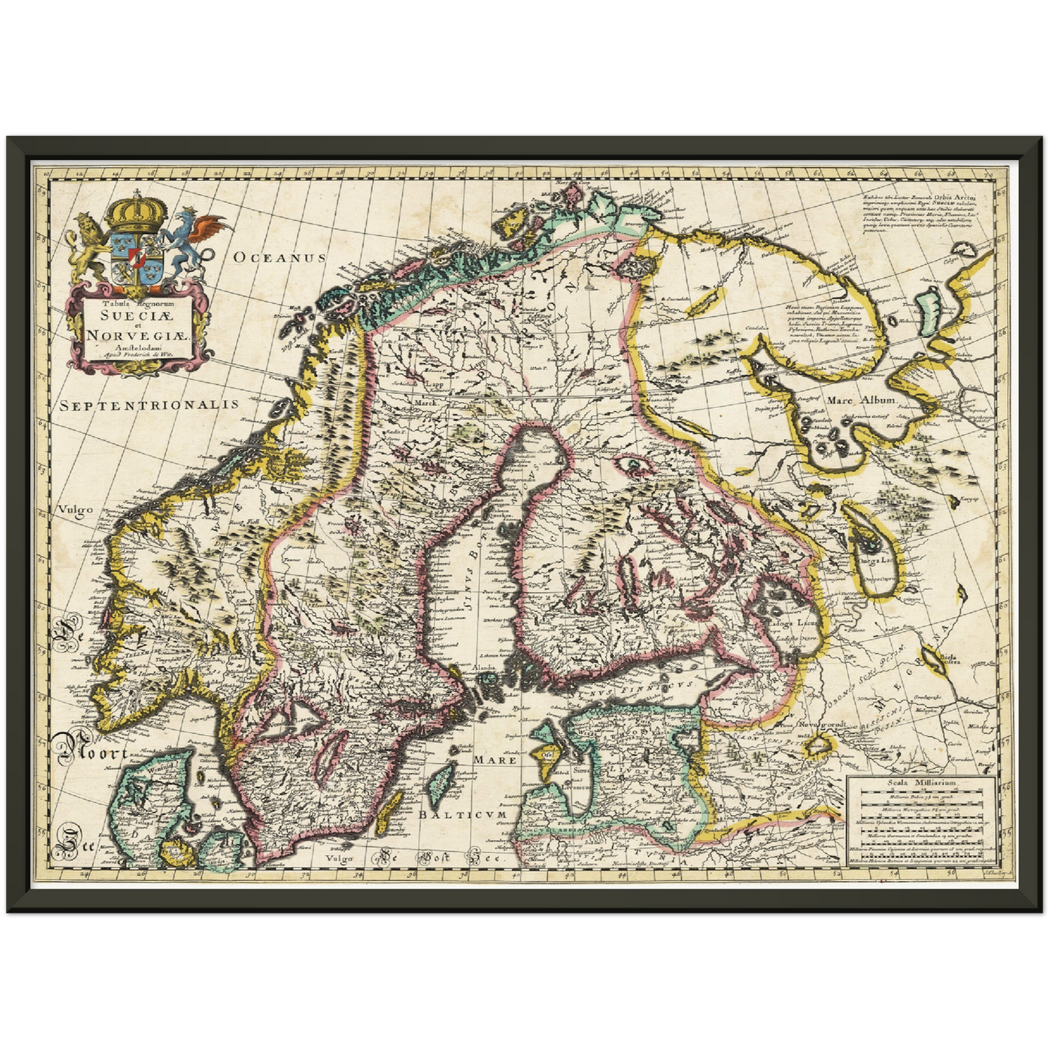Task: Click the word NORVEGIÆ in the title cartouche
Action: (137, 336)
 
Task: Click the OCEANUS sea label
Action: (280, 257)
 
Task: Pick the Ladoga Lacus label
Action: (796, 623)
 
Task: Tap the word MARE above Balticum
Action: (495, 759)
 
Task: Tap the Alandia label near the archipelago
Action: (483, 667)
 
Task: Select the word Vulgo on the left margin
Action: (76, 509)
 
